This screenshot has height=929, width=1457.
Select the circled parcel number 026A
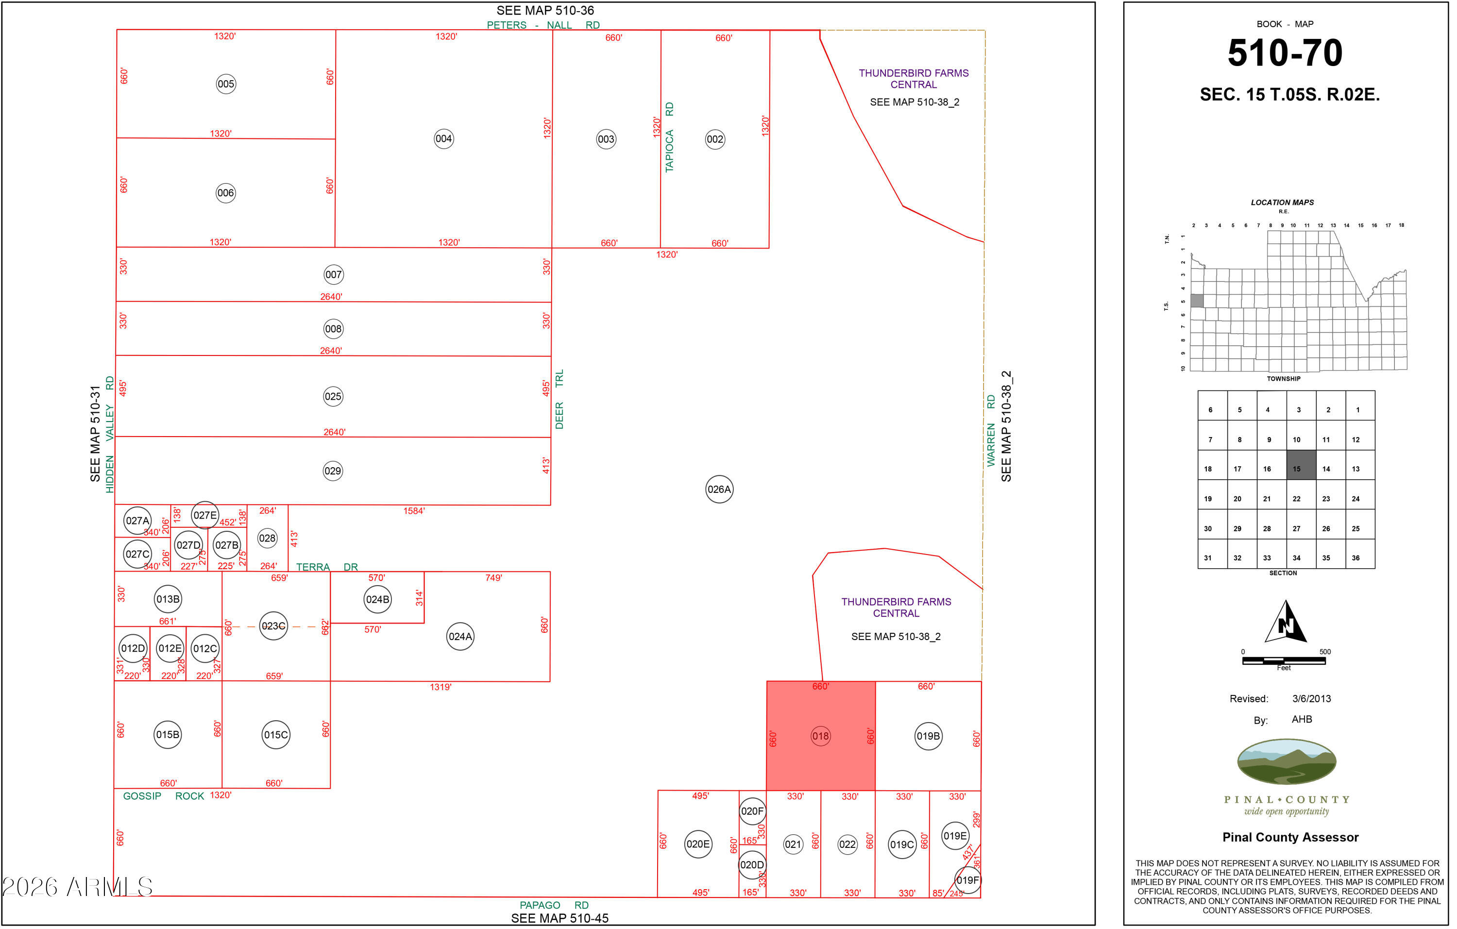(x=719, y=490)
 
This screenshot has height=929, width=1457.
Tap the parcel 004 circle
(x=443, y=138)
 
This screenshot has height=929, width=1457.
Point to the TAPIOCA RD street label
(x=669, y=137)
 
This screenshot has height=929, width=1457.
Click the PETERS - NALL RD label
(x=543, y=25)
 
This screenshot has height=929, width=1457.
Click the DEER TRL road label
(x=559, y=399)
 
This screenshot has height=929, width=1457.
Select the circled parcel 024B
(x=377, y=599)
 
